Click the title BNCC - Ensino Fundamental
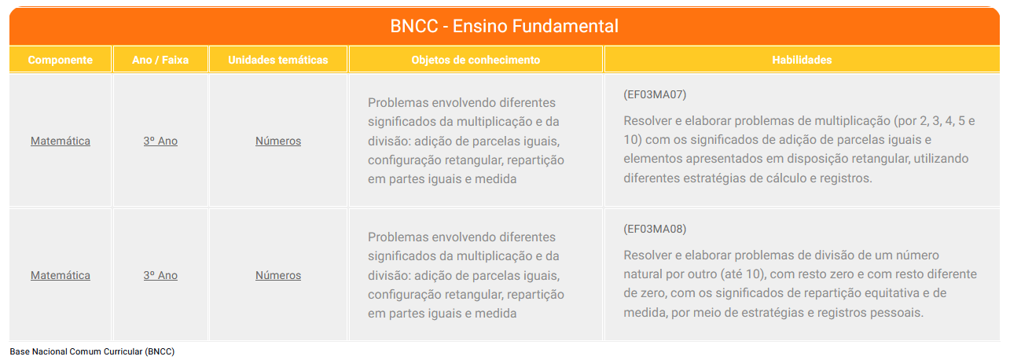click(x=504, y=26)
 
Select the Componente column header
click(x=60, y=60)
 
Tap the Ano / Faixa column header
click(x=160, y=60)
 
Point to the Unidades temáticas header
click(x=278, y=60)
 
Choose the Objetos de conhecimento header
click(x=476, y=60)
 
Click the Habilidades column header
click(x=802, y=60)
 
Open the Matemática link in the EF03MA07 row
click(x=61, y=141)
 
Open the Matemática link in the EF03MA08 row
click(x=61, y=275)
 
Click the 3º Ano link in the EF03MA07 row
click(x=160, y=141)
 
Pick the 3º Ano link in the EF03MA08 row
click(x=160, y=275)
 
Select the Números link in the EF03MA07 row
click(x=278, y=141)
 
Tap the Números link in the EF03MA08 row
click(x=278, y=275)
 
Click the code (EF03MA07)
click(x=655, y=95)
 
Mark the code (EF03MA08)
click(x=655, y=230)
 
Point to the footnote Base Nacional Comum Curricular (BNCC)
click(x=92, y=351)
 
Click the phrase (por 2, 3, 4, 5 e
click(x=935, y=121)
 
